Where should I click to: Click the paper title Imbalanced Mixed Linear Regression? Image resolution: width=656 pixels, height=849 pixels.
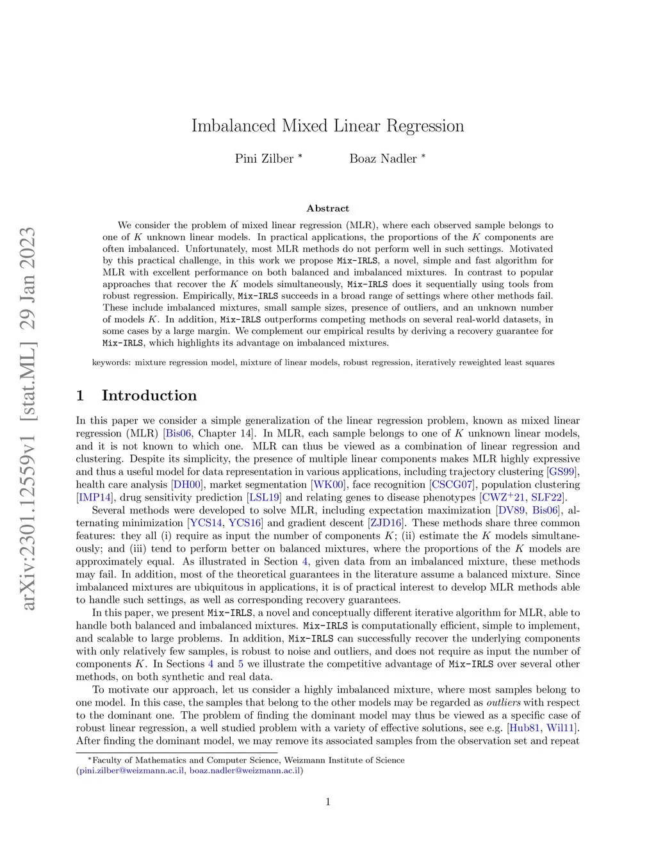click(x=327, y=126)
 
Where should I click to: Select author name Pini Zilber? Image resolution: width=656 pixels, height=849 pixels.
click(x=264, y=159)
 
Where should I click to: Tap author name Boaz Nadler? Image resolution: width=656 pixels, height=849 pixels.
click(x=383, y=159)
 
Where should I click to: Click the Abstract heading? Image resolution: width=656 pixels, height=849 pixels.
click(x=328, y=208)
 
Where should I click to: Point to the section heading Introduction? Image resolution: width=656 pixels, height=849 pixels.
click(x=149, y=395)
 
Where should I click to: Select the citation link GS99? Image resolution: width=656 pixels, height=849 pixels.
click(x=564, y=472)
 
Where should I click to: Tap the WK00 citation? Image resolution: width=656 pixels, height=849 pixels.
click(x=329, y=485)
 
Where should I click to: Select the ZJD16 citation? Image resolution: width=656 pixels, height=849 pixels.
click(x=386, y=523)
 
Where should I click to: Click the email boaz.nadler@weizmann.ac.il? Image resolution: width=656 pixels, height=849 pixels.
click(x=245, y=770)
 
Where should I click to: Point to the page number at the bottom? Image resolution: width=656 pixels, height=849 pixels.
click(x=328, y=802)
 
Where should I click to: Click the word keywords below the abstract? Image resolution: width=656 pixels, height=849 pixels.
click(x=111, y=363)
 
